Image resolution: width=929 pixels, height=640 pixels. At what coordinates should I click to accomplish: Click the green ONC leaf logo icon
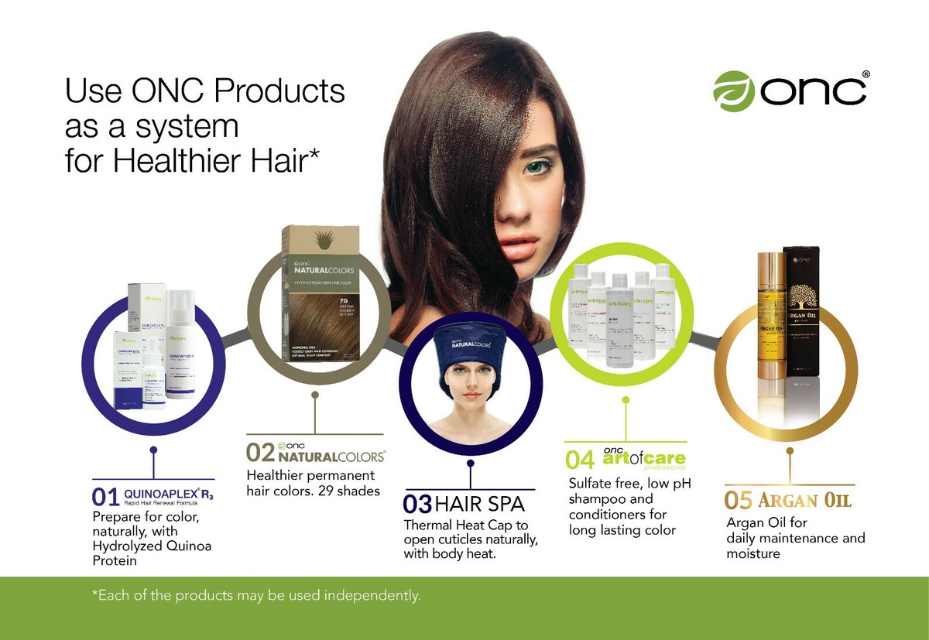click(x=733, y=89)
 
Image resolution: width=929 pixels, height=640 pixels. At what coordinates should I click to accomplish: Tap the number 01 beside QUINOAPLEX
click(x=106, y=495)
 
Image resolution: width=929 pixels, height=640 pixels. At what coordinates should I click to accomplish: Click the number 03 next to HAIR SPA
click(x=417, y=505)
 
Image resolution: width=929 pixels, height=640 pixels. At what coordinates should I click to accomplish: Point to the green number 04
click(x=580, y=460)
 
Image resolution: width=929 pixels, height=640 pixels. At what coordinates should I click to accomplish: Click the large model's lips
click(x=516, y=246)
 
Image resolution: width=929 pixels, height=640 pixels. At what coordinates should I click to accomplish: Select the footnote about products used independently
click(x=256, y=596)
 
